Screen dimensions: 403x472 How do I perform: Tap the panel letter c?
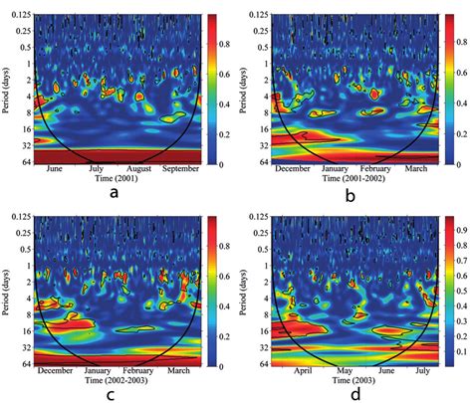[x=115, y=392]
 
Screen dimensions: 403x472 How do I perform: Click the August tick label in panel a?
[x=137, y=169]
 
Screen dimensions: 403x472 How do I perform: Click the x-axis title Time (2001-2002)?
[x=349, y=179]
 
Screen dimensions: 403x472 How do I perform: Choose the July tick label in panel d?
[x=420, y=366]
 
